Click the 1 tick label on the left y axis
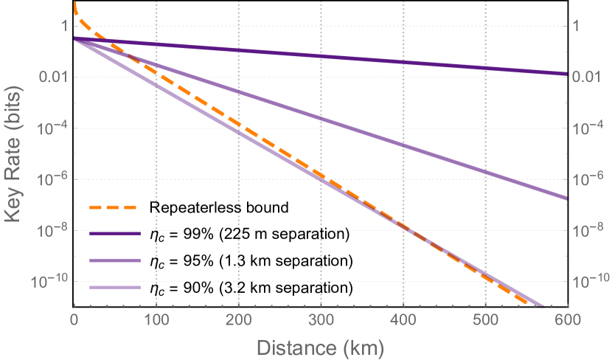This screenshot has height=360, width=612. click(x=63, y=27)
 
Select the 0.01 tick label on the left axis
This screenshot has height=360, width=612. click(x=53, y=78)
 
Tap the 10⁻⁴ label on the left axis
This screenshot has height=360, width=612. click(x=54, y=128)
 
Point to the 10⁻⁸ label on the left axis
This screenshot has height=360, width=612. click(x=54, y=231)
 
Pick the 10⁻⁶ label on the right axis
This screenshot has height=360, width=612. click(x=585, y=179)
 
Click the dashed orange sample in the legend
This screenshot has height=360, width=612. click(x=114, y=207)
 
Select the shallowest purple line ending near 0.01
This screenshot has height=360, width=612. click(x=332, y=55)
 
